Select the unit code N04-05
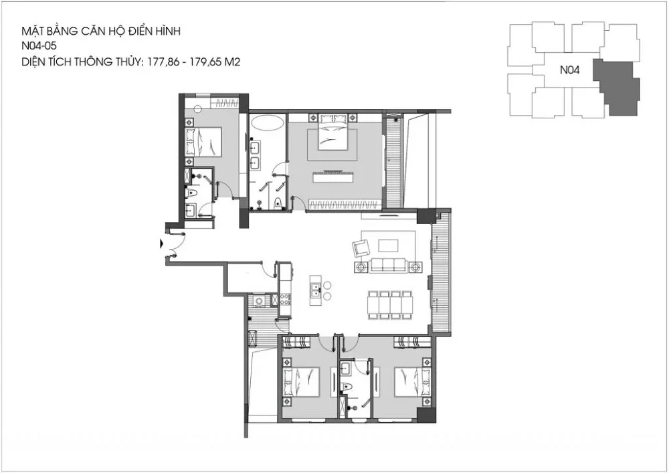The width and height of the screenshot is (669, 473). pos(39,46)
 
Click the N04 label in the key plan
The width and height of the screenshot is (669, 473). pos(569,70)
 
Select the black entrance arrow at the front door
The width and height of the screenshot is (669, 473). pos(161,244)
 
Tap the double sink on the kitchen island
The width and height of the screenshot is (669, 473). pos(316,290)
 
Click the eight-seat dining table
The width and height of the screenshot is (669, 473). pos(390,304)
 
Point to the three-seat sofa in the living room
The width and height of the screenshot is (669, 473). pos(387,265)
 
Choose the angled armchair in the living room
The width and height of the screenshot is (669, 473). pos(361,248)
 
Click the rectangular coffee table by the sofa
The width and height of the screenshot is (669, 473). pos(388,246)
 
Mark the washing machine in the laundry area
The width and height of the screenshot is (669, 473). pos(259,301)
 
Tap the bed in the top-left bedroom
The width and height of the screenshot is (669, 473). pos(203,141)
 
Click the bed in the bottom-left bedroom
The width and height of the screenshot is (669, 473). pos(301,381)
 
